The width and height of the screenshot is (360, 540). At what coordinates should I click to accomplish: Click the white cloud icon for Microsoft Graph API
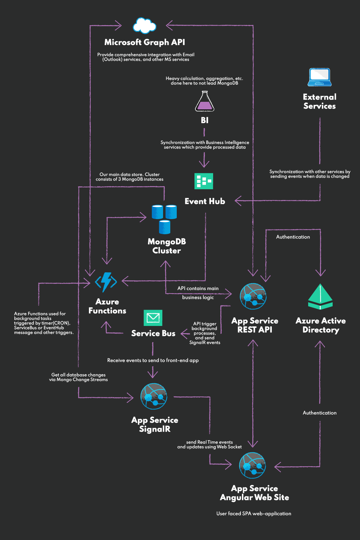point(144,26)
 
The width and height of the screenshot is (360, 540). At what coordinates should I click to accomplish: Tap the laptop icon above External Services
point(319,77)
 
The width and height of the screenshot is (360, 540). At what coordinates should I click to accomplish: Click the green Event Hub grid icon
point(204,181)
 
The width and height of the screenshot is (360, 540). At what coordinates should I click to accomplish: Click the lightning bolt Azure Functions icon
point(106,282)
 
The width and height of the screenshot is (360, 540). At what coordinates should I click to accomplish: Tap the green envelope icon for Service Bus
point(153,318)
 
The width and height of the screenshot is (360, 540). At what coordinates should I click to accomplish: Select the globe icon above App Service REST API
point(253,296)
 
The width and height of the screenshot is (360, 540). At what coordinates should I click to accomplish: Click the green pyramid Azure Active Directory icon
point(320,297)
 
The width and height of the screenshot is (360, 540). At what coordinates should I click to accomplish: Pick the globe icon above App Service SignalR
point(154,396)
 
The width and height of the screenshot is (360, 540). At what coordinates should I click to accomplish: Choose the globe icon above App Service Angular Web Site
point(253,465)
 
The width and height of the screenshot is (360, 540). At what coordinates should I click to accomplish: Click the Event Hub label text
point(205,201)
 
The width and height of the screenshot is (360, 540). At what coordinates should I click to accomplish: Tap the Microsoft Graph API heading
point(144,42)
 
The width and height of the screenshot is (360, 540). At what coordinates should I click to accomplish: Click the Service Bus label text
point(153,333)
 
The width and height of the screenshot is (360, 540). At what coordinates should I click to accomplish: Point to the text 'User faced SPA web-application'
point(254,513)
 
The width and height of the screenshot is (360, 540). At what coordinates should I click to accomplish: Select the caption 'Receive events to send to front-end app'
point(153,360)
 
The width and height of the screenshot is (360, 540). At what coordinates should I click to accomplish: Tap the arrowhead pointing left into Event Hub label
point(238,201)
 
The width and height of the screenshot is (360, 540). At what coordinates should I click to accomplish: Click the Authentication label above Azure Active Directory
point(293,237)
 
